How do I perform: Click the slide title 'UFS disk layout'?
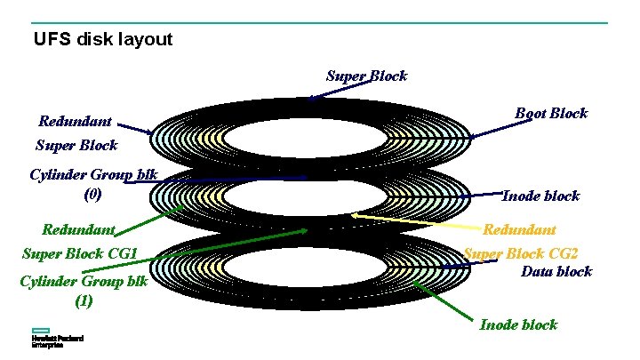102,40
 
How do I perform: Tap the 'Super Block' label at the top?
366,76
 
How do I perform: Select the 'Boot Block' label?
551,113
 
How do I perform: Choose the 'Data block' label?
556,271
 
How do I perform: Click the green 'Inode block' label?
518,324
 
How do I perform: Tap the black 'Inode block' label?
540,196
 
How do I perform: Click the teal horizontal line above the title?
320,23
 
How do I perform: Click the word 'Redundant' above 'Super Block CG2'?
519,229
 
